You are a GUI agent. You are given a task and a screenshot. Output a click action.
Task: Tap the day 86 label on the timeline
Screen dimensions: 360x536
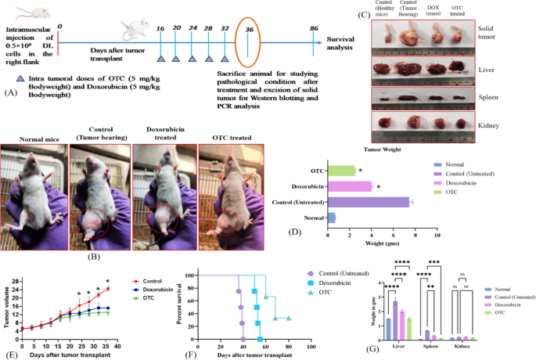313,27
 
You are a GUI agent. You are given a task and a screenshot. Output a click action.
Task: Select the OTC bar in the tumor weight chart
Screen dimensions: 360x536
342,171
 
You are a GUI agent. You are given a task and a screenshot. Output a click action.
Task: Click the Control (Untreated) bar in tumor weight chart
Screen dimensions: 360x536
369,202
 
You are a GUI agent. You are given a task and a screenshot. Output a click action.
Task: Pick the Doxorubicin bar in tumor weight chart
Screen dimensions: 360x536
350,186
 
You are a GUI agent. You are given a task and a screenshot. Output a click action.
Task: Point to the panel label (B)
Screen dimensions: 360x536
94,255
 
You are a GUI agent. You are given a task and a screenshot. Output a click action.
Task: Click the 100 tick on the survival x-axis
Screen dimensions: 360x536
311,347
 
